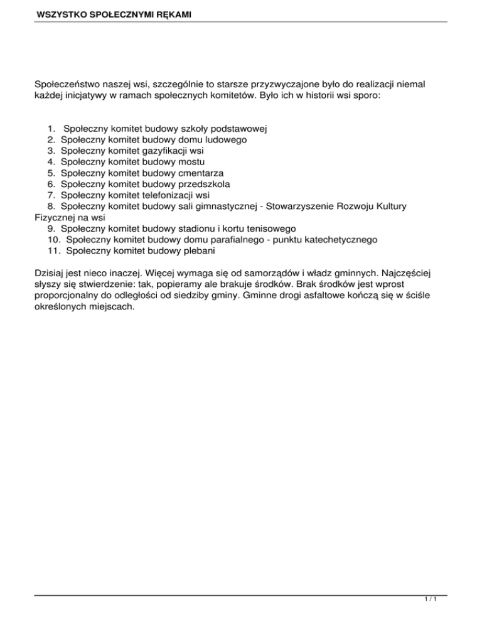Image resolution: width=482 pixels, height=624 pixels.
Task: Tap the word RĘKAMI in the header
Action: click(x=174, y=12)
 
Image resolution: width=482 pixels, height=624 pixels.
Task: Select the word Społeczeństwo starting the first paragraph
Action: click(x=70, y=82)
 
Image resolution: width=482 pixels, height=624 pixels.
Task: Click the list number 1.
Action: click(x=50, y=128)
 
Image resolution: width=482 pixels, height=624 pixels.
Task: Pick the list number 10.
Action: click(x=53, y=240)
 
